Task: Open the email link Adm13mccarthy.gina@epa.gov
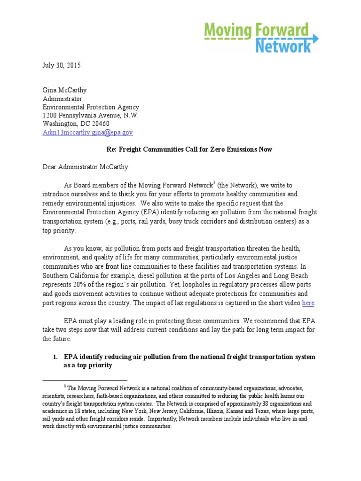pos(87,133)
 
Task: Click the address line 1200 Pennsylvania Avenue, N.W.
pos(90,116)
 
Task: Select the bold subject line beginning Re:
pos(187,149)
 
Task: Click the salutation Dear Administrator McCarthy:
pos(88,166)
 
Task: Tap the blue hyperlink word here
pos(308,303)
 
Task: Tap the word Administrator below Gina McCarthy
pos(63,99)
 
